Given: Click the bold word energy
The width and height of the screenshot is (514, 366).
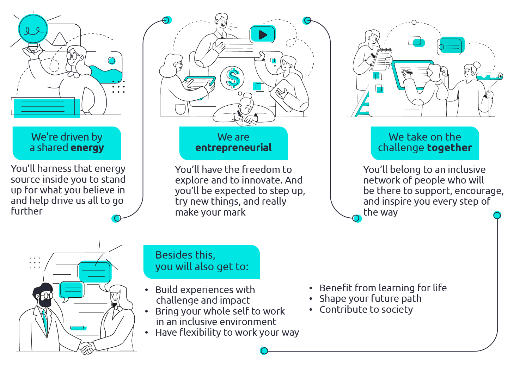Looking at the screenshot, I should click(x=87, y=148).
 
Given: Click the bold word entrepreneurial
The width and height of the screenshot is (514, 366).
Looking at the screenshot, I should click(x=233, y=148).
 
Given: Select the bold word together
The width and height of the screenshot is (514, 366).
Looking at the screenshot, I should click(x=449, y=148).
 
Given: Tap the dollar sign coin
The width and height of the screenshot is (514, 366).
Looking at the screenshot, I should click(x=232, y=78).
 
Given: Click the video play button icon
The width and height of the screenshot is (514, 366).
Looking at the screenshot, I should click(x=262, y=35).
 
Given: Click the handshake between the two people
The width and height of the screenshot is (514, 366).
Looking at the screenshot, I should click(x=86, y=348).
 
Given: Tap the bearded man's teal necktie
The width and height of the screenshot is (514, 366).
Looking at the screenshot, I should click(x=45, y=322).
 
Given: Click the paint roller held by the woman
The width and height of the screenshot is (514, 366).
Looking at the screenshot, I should click(x=489, y=76).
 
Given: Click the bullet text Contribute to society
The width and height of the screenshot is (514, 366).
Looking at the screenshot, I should click(x=366, y=310).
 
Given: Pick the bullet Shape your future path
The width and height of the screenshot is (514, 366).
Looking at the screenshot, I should click(x=370, y=299).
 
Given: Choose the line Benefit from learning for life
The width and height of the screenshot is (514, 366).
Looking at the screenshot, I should click(x=383, y=288).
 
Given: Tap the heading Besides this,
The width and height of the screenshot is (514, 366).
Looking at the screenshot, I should click(x=185, y=255).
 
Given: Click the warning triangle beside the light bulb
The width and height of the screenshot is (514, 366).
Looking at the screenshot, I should click(x=60, y=39).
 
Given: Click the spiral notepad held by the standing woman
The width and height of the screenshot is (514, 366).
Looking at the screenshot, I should click(x=382, y=58).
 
